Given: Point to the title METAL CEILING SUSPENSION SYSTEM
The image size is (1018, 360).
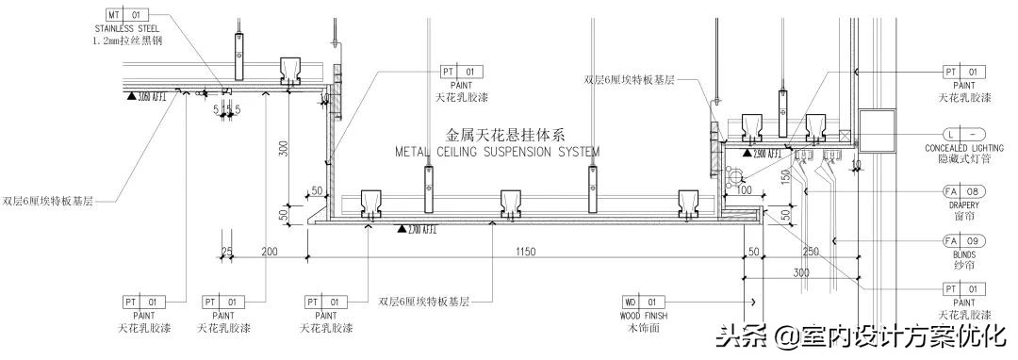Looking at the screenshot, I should [496, 151].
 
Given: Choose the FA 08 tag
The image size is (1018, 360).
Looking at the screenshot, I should [963, 192].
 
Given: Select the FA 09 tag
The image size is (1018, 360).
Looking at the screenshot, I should [963, 241].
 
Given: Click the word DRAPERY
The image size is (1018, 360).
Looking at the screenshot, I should [963, 205].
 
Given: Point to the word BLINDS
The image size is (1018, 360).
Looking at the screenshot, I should [963, 254].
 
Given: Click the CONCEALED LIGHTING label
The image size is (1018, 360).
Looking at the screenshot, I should [963, 149].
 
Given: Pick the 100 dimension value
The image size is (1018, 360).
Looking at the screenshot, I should [744, 191].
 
